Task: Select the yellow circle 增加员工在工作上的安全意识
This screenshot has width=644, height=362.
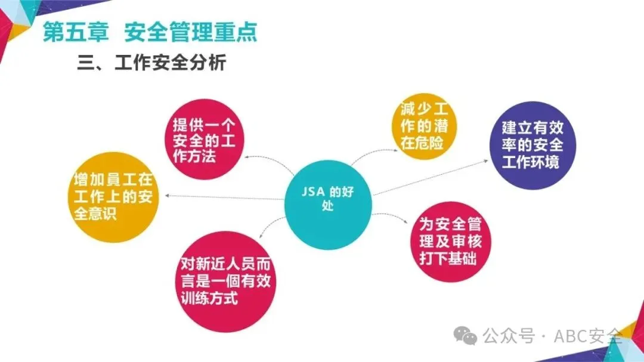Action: [x=113, y=197]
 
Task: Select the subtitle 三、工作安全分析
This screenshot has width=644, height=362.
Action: [x=151, y=63]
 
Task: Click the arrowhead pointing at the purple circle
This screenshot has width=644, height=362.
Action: [x=487, y=160]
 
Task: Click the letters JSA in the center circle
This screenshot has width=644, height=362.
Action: [x=314, y=193]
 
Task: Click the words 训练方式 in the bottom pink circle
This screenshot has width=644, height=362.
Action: [x=210, y=297]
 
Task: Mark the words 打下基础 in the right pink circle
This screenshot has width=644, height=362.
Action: [x=447, y=259]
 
